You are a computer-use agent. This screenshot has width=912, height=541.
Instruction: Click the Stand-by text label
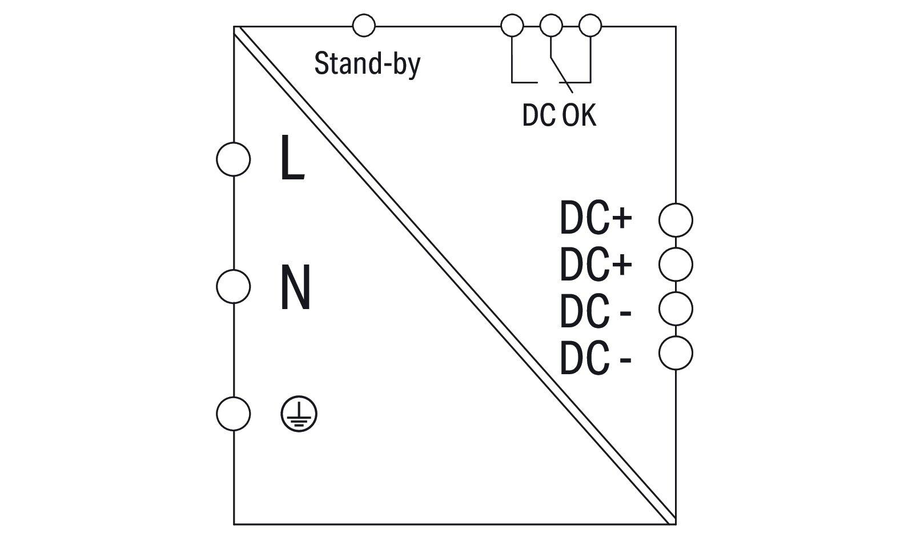pyautogui.click(x=367, y=63)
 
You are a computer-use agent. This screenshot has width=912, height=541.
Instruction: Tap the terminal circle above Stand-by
pyautogui.click(x=364, y=26)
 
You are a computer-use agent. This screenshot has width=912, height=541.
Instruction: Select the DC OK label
pyautogui.click(x=559, y=115)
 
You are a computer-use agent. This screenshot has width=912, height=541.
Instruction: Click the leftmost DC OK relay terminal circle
pyautogui.click(x=512, y=26)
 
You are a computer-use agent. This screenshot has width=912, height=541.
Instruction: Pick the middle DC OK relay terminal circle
pyautogui.click(x=551, y=26)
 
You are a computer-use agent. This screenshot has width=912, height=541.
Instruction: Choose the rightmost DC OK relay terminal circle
pyautogui.click(x=590, y=26)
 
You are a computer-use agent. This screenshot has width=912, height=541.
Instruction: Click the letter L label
pyautogui.click(x=292, y=159)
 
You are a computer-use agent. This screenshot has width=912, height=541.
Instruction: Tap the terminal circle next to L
pyautogui.click(x=233, y=159)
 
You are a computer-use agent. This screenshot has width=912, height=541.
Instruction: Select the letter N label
pyautogui.click(x=295, y=287)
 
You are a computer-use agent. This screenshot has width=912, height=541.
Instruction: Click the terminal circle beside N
pyautogui.click(x=233, y=287)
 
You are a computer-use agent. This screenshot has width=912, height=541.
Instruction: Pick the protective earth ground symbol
pyautogui.click(x=299, y=414)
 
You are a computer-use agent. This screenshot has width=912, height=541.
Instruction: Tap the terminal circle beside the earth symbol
pyautogui.click(x=233, y=414)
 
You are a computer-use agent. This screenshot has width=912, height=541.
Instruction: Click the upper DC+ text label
pyautogui.click(x=596, y=219)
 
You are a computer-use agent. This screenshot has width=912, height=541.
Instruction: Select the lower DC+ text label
pyautogui.click(x=596, y=264)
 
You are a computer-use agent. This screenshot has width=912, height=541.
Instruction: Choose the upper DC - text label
pyautogui.click(x=594, y=312)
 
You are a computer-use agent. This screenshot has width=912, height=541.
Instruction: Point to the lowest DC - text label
pyautogui.click(x=594, y=358)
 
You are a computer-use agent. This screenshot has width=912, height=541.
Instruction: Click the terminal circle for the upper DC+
pyautogui.click(x=676, y=219)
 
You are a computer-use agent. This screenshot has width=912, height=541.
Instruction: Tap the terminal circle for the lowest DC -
pyautogui.click(x=676, y=353)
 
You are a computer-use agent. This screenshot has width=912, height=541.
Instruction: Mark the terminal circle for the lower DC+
pyautogui.click(x=676, y=264)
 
